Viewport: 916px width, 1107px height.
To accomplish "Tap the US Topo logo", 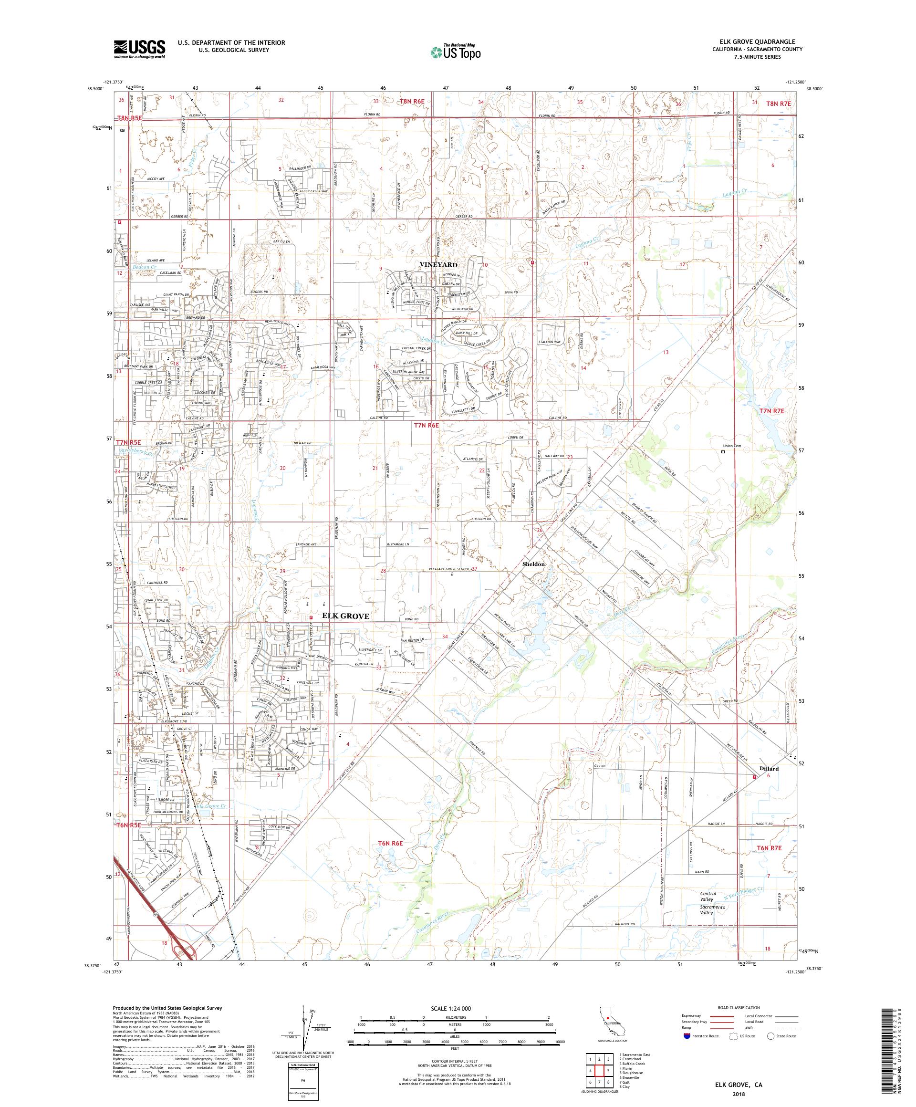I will [x=457, y=51].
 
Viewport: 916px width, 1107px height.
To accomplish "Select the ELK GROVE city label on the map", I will [x=346, y=616].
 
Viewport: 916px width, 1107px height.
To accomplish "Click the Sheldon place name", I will [x=533, y=564].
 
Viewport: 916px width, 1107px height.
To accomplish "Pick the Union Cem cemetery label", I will [x=734, y=447].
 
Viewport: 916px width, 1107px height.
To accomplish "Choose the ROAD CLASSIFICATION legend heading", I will [x=734, y=1007].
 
